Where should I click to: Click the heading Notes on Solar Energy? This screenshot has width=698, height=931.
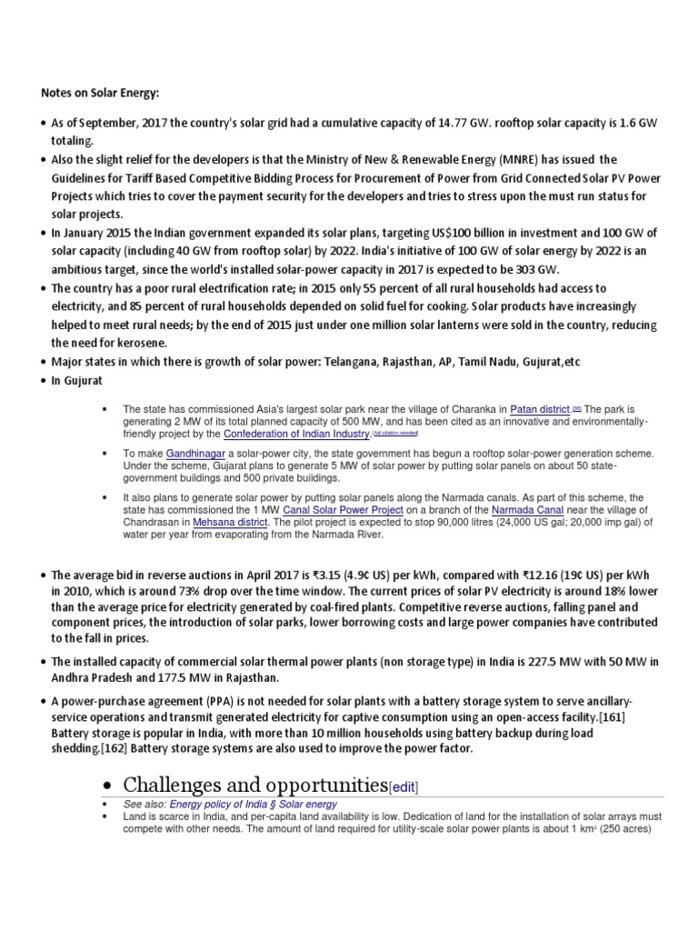coord(99,92)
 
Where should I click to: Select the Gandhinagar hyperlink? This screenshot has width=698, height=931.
coord(194,452)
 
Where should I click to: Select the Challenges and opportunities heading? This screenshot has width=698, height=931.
coord(254,785)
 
